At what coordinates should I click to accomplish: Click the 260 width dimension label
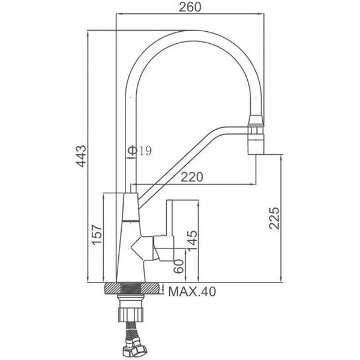[x=190, y=7]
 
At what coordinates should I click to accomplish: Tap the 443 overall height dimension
[x=81, y=156]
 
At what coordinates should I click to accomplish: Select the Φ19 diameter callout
[x=140, y=151]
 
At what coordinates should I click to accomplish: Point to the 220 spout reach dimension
[x=192, y=177]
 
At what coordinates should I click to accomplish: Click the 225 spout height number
[x=274, y=218]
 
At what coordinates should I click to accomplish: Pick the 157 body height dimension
[x=97, y=235]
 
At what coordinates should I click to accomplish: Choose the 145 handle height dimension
[x=192, y=241]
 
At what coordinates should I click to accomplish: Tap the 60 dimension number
[x=179, y=266]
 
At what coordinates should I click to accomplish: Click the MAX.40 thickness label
[x=192, y=292]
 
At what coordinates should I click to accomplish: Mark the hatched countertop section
[x=132, y=289]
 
